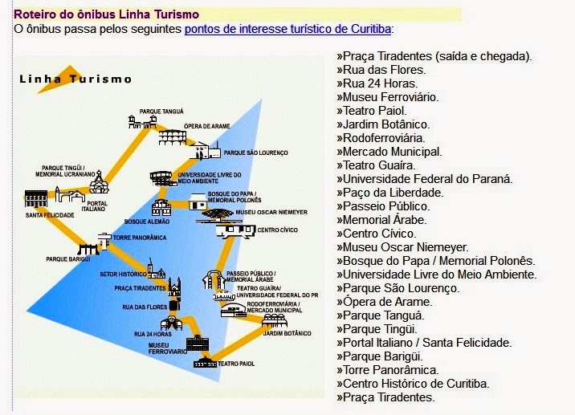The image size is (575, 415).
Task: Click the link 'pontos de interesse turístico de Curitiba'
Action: tap(287, 29)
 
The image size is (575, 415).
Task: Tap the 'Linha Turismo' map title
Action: tap(75, 79)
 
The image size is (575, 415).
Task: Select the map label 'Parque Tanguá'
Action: tap(161, 111)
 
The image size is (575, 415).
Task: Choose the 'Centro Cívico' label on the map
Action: tap(278, 230)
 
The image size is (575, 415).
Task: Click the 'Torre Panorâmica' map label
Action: tap(140, 238)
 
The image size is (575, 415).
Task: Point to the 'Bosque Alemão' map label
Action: tap(145, 222)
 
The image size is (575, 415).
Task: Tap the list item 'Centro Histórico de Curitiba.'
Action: tap(413, 384)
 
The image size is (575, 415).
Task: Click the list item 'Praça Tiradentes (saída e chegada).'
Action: tap(434, 56)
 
